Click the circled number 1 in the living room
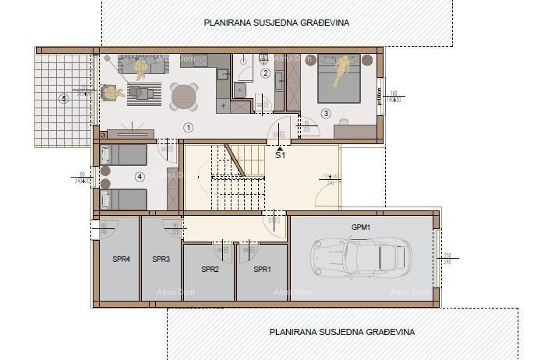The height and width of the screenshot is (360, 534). pyautogui.click(x=188, y=126)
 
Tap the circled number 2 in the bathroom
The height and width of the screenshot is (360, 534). pyautogui.click(x=265, y=73)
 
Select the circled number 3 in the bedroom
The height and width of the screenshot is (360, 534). pyautogui.click(x=326, y=113)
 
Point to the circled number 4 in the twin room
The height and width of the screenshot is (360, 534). pyautogui.click(x=140, y=177)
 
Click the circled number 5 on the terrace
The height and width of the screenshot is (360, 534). pyautogui.click(x=64, y=98)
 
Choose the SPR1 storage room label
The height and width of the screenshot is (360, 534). pyautogui.click(x=262, y=270)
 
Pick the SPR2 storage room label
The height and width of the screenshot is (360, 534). pyautogui.click(x=210, y=270)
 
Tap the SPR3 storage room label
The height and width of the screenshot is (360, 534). pyautogui.click(x=161, y=259)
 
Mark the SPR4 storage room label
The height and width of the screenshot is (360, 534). pyautogui.click(x=121, y=259)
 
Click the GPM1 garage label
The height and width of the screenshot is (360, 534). pyautogui.click(x=360, y=227)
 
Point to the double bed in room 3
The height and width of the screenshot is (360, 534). pyautogui.click(x=339, y=78)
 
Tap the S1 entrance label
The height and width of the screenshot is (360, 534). pyautogui.click(x=280, y=155)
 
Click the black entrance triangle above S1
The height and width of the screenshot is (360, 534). pyautogui.click(x=280, y=145)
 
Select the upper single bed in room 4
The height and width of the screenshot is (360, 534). pyautogui.click(x=123, y=154)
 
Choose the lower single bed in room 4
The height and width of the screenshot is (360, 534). pyautogui.click(x=123, y=199)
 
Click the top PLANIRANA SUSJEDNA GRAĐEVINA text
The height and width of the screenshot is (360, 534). pyautogui.click(x=276, y=23)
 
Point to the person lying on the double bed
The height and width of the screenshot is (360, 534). pyautogui.click(x=341, y=73)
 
